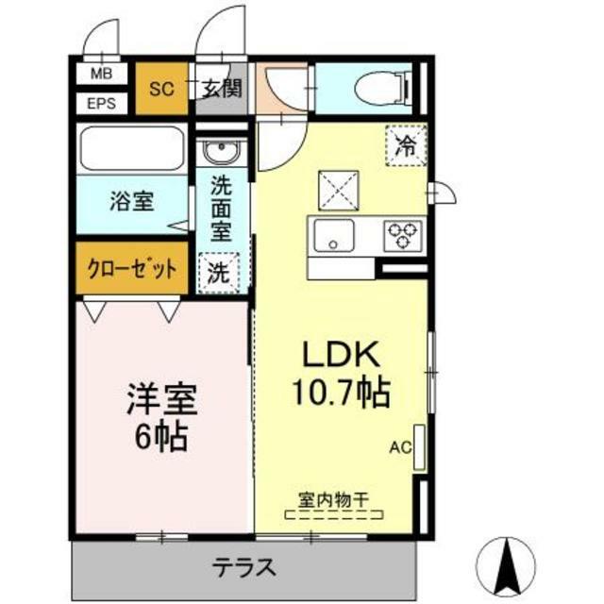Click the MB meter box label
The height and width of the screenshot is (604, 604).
[x=101, y=74]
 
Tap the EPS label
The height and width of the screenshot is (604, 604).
[x=101, y=103]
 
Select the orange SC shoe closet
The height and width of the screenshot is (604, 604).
[x=162, y=89]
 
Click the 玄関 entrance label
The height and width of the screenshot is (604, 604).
[x=223, y=89]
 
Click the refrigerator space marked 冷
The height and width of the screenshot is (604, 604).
[x=407, y=146]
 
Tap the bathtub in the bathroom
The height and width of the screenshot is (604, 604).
[x=131, y=148]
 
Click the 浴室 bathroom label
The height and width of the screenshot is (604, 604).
[x=132, y=201]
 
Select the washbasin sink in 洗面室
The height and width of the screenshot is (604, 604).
[x=221, y=151]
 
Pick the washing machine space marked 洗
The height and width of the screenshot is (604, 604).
[x=219, y=273]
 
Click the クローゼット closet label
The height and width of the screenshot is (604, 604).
[x=132, y=268]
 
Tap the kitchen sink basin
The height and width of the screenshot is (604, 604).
[x=334, y=235]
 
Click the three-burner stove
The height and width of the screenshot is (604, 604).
[x=403, y=236]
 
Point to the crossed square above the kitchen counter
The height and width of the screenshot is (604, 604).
[x=339, y=191]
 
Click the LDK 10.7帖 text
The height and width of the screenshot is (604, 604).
[x=342, y=374]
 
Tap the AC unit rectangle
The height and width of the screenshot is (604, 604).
[x=419, y=447]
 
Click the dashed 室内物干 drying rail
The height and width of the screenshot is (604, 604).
[x=334, y=514]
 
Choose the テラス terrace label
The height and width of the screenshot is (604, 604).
[x=244, y=567]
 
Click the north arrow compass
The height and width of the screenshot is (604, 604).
[x=506, y=566]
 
